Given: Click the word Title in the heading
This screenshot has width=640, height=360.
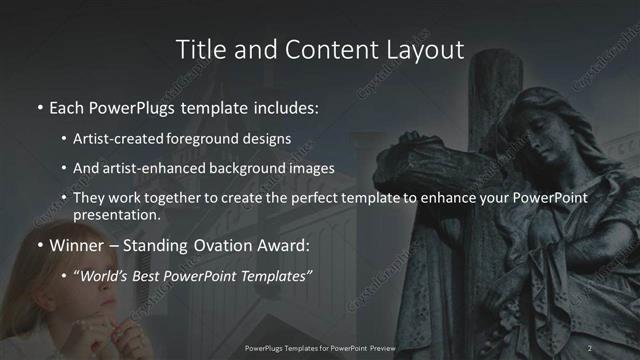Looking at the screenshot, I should coord(197,49).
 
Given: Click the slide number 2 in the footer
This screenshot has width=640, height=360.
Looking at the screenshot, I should coord(590,348).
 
